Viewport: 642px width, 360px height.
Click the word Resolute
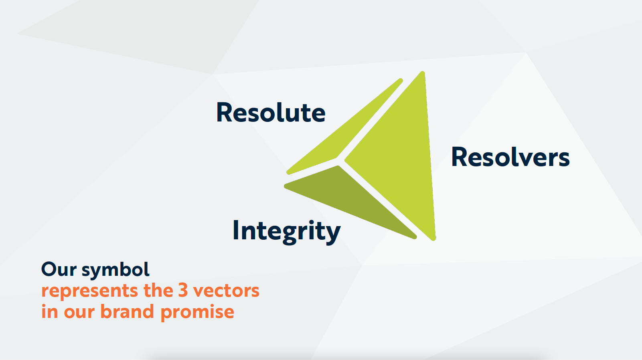[x=271, y=112]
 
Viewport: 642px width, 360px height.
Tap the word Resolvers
[x=510, y=157]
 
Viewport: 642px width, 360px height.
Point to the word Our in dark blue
[x=59, y=269]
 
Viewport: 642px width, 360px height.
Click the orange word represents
[x=90, y=291]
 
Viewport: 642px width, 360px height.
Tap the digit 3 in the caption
[x=183, y=290]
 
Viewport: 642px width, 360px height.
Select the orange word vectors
[x=226, y=291]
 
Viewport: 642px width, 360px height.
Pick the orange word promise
[x=197, y=312]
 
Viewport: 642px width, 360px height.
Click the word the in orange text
[x=158, y=290]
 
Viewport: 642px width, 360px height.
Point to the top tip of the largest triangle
[x=423, y=72]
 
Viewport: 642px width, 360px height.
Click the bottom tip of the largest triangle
[x=433, y=240]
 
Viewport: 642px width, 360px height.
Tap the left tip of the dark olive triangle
[x=285, y=186]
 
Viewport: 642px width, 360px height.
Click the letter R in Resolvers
[x=459, y=157]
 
